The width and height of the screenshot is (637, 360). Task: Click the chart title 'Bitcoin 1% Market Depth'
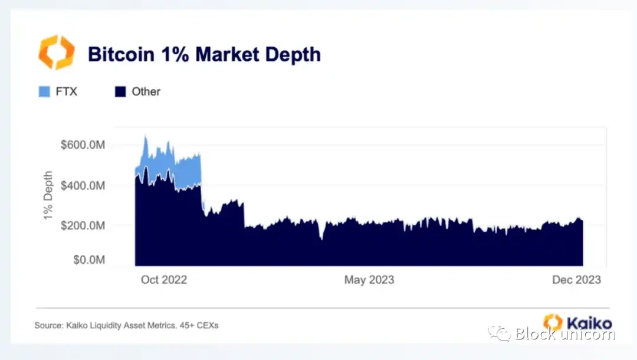click(204, 54)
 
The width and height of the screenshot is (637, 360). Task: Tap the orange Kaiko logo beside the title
click(57, 53)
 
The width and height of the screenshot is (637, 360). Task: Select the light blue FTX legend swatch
click(44, 91)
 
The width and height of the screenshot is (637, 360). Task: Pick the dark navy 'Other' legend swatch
click(120, 91)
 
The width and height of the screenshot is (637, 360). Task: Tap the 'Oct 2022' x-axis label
click(164, 280)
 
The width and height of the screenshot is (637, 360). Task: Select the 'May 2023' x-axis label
click(369, 280)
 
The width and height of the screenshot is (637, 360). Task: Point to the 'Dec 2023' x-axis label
click(576, 280)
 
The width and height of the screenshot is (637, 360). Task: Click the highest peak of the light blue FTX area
click(146, 137)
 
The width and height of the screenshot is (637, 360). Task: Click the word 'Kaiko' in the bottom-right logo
click(589, 323)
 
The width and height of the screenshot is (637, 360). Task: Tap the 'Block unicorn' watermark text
click(565, 334)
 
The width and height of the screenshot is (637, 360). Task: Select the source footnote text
click(126, 325)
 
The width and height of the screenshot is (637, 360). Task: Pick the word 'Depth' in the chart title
click(293, 54)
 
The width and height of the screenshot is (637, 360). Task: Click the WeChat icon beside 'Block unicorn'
click(503, 334)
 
